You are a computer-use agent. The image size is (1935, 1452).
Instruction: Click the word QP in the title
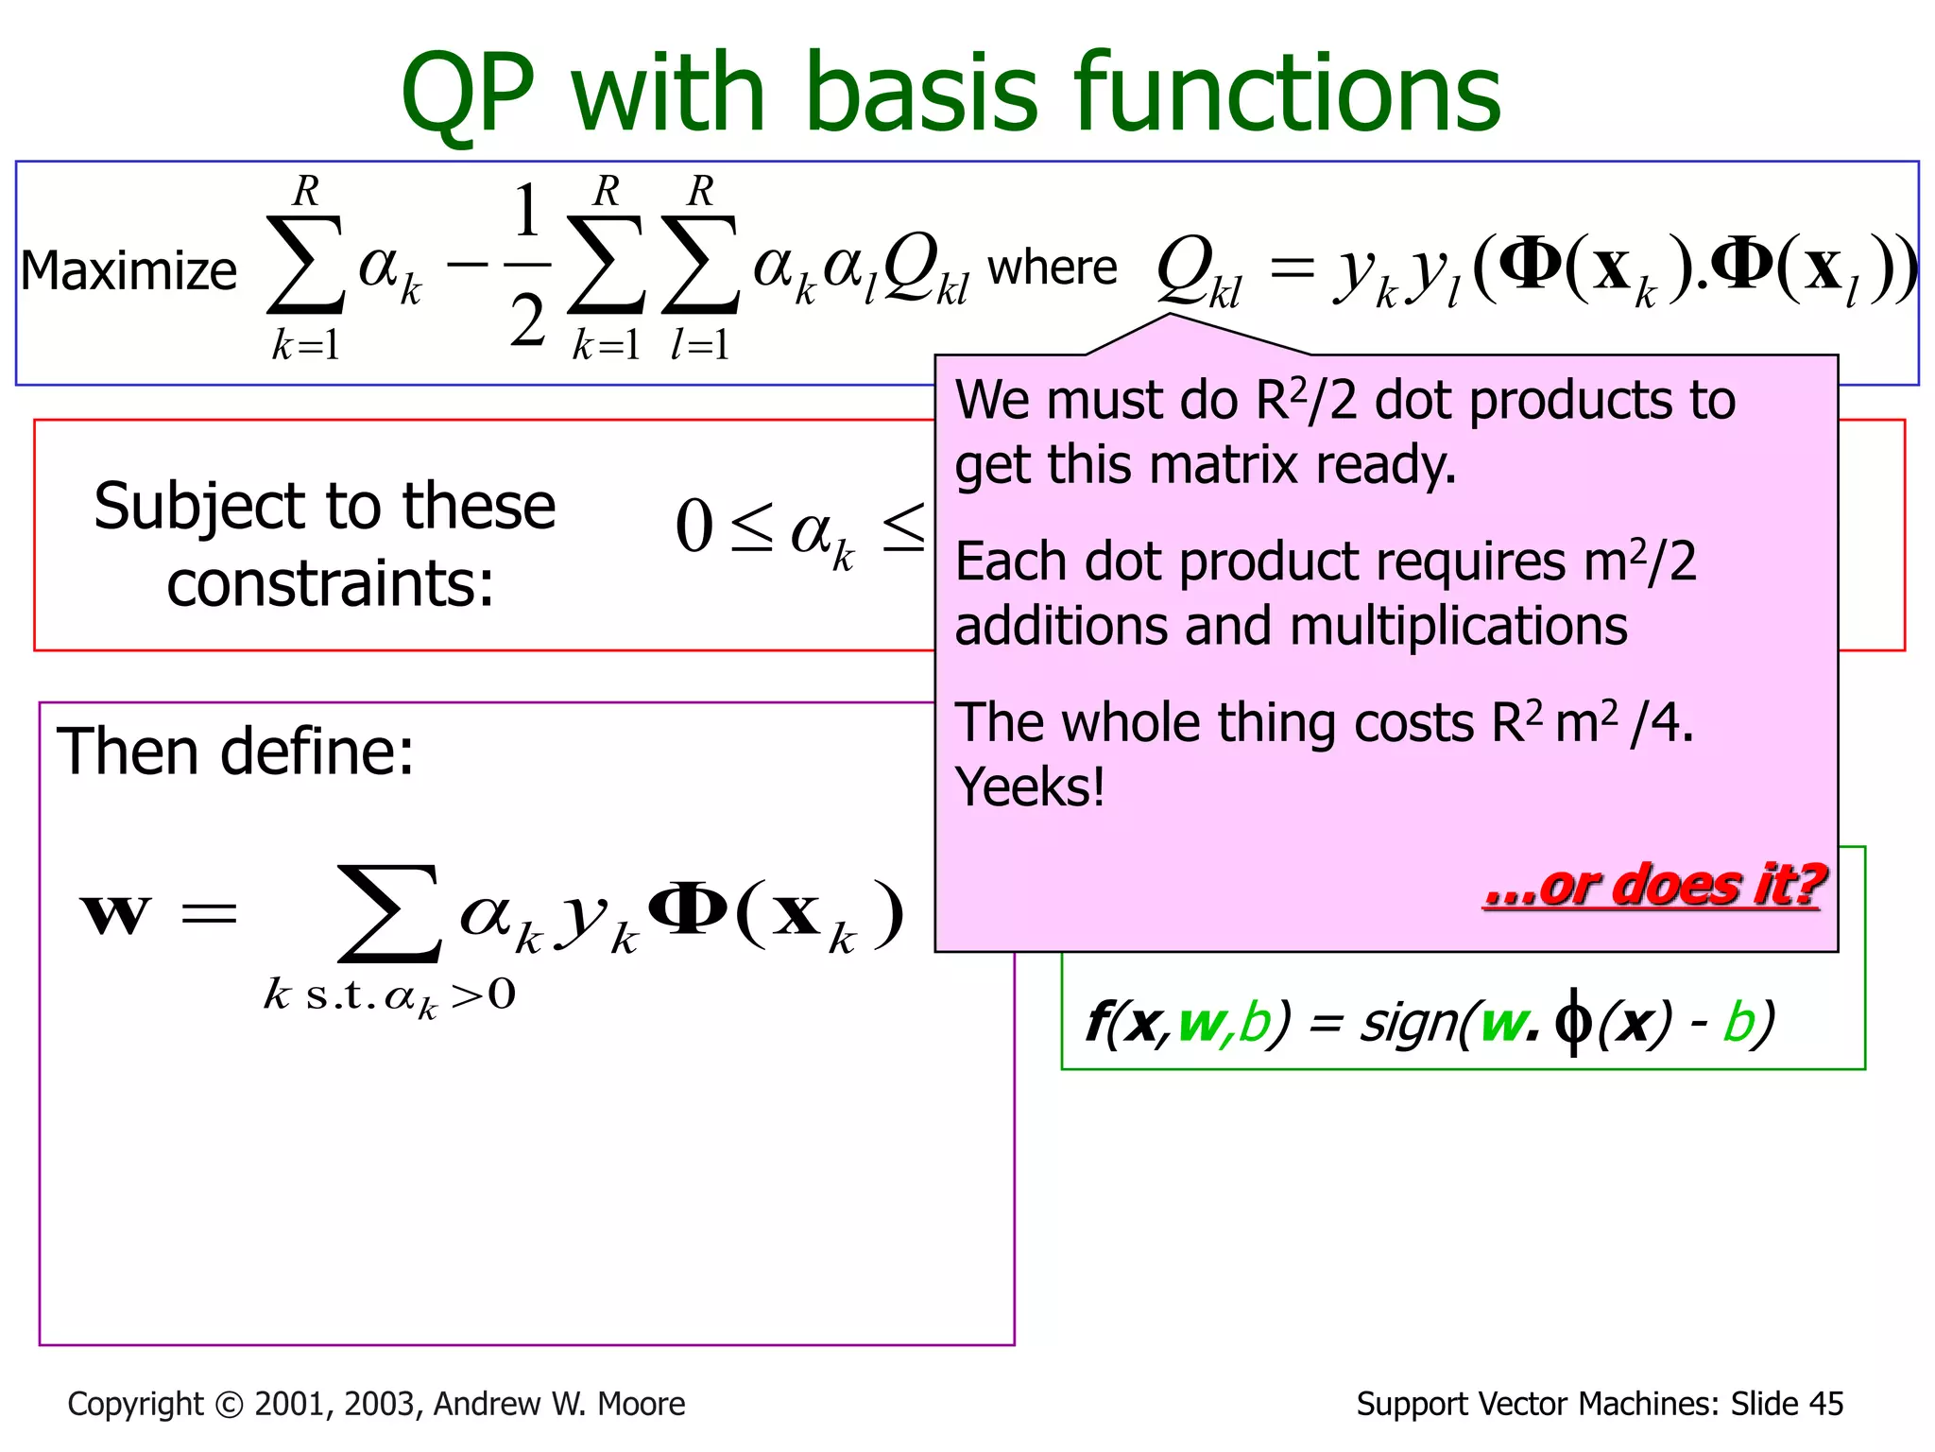(x=466, y=95)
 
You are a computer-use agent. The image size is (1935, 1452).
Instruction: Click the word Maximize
(x=128, y=271)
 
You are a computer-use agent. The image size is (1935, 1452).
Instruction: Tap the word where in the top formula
(x=1052, y=268)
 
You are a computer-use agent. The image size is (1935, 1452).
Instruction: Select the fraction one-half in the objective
(x=527, y=266)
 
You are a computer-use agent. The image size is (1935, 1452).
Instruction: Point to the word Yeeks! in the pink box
(x=1029, y=786)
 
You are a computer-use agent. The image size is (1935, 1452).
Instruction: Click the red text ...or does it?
(x=1652, y=886)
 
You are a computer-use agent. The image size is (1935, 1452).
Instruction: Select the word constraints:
(x=330, y=583)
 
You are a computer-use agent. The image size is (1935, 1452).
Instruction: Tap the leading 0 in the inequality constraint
(x=694, y=527)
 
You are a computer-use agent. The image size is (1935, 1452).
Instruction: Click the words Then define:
(x=235, y=752)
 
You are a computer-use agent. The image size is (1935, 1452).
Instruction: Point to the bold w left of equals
(x=116, y=914)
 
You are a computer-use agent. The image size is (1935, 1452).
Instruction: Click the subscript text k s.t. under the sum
(x=321, y=995)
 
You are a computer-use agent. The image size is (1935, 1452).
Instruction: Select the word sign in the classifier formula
(x=1408, y=1023)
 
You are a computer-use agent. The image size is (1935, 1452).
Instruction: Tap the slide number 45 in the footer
(x=1824, y=1404)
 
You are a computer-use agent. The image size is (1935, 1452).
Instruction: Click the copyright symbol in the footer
(x=229, y=1405)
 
